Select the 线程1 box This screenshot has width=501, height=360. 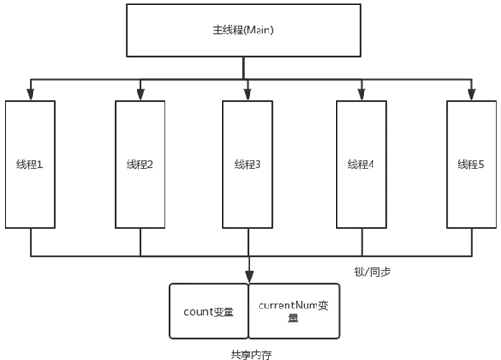pyautogui.click(x=30, y=164)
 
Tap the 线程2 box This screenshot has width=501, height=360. pyautogui.click(x=140, y=164)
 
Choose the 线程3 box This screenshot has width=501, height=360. pyautogui.click(x=248, y=164)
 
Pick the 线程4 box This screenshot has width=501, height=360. pyautogui.click(x=361, y=164)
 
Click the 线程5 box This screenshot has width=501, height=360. pyautogui.click(x=471, y=164)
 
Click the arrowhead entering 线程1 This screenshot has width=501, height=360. pyautogui.click(x=30, y=94)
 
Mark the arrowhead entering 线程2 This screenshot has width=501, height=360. pyautogui.click(x=140, y=94)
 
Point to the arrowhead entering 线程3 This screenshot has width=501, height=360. pyautogui.click(x=248, y=94)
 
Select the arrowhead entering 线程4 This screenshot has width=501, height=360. pyautogui.click(x=361, y=94)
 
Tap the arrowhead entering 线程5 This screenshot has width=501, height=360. pyautogui.click(x=471, y=94)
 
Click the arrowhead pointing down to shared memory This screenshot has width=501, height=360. pyautogui.click(x=248, y=278)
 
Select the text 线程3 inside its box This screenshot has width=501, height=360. pyautogui.click(x=247, y=164)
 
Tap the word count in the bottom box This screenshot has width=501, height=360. pyautogui.click(x=197, y=312)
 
